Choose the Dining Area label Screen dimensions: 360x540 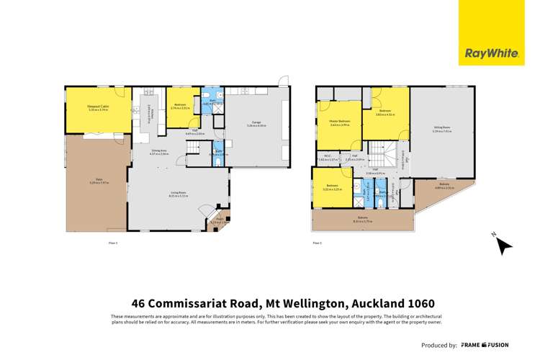pos(158,152)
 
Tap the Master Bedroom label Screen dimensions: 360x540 pos(339,122)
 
